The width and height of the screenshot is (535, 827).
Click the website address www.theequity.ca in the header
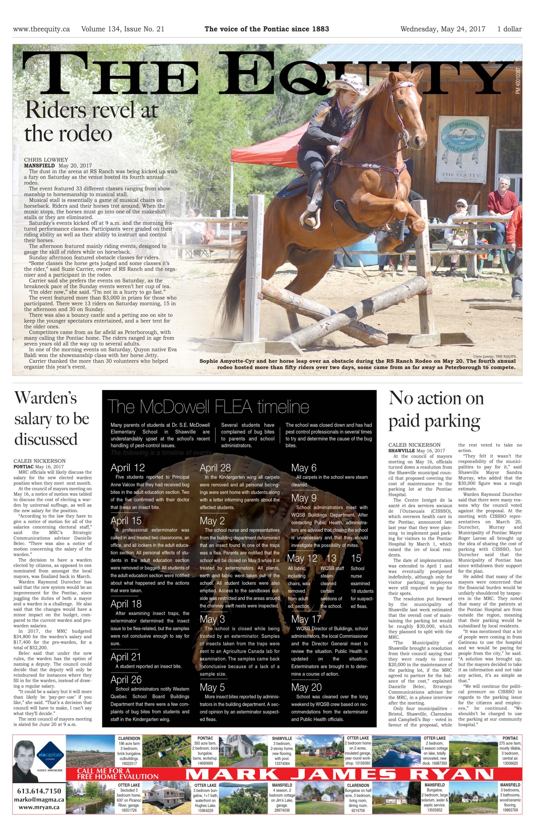(41, 29)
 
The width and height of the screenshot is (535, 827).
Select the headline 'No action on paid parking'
(436, 409)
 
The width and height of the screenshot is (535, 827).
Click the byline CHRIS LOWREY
(46, 160)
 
